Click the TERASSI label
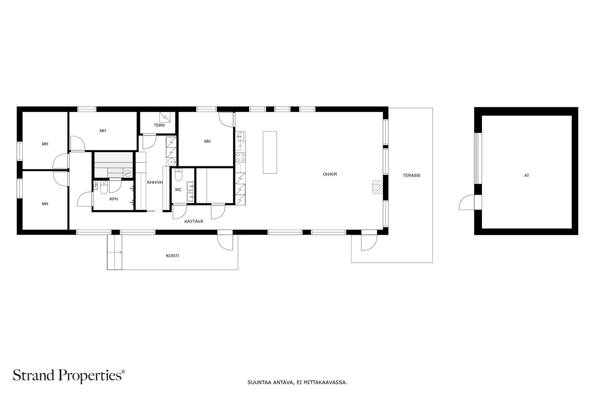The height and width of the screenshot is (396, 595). pyautogui.click(x=411, y=176)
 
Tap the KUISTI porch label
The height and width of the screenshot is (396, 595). pyautogui.click(x=173, y=256)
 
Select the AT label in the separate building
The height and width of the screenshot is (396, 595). pyautogui.click(x=527, y=176)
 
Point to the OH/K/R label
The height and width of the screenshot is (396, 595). pyautogui.click(x=330, y=174)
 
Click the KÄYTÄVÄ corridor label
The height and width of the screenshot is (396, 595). pyautogui.click(x=194, y=221)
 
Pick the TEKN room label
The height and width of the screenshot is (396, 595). pyautogui.click(x=159, y=125)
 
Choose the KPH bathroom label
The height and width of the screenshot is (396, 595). pyautogui.click(x=114, y=199)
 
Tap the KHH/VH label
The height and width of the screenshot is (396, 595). pyautogui.click(x=155, y=182)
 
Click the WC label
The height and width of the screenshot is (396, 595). pyautogui.click(x=178, y=190)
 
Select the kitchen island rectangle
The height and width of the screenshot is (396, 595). pyautogui.click(x=270, y=153)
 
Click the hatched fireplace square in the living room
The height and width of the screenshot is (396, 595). pyautogui.click(x=377, y=187)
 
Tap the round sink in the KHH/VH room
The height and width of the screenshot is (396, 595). pyautogui.click(x=172, y=161)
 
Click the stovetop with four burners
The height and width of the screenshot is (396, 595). pyautogui.click(x=240, y=157)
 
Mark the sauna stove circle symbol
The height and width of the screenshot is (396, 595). pyautogui.click(x=128, y=173)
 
